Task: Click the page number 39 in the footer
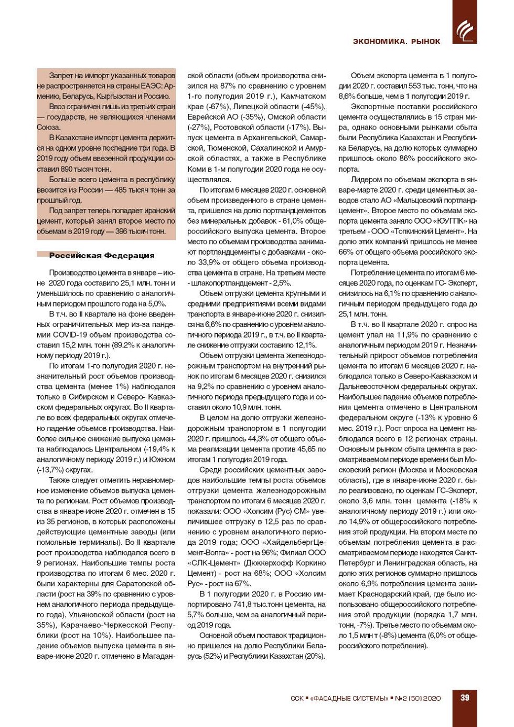pos(465,698)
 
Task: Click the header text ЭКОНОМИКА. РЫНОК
pos(397,41)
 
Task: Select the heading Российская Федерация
pos(102,256)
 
